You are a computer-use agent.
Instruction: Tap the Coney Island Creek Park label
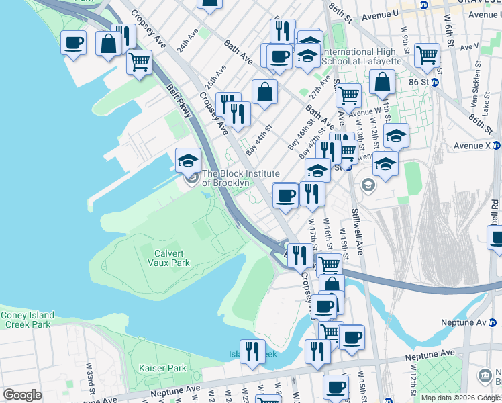coord(26,320)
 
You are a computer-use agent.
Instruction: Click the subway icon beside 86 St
coord(435,82)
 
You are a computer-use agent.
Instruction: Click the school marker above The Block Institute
coord(189,161)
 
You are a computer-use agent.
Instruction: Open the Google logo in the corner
coord(22,395)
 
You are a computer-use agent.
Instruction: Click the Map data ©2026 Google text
coord(460,398)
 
